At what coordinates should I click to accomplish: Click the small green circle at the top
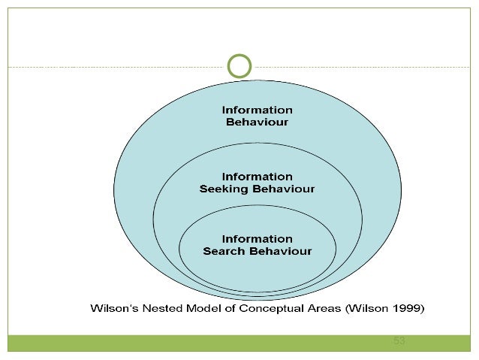pos(239,65)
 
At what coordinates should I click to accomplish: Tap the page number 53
pos(399,341)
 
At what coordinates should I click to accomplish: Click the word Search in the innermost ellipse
pos(224,251)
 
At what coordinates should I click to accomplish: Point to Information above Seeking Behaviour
pos(257,177)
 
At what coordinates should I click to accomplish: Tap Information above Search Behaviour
pos(257,239)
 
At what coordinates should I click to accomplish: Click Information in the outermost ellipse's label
pos(257,110)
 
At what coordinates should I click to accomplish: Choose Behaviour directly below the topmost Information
pos(257,122)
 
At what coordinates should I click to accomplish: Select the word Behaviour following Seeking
pos(282,189)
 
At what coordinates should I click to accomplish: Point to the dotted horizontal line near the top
pos(113,67)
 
